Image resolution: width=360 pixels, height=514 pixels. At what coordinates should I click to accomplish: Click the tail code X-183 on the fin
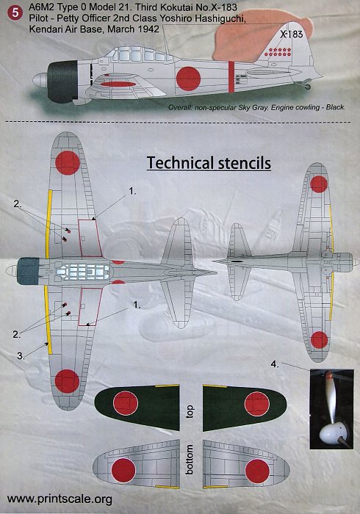tap(291, 34)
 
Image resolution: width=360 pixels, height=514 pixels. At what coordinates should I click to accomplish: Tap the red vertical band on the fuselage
tap(231, 76)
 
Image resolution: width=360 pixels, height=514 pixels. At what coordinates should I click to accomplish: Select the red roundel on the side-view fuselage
tap(188, 79)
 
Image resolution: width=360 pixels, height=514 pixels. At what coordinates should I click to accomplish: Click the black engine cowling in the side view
tap(62, 82)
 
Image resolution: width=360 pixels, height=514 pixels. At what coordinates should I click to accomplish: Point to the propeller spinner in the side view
tap(40, 81)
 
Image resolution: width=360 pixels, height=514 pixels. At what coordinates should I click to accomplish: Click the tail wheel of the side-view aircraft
tap(307, 86)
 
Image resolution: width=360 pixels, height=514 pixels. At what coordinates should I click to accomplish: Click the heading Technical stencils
tap(209, 163)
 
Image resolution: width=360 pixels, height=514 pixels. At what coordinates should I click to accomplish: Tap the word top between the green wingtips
tap(190, 412)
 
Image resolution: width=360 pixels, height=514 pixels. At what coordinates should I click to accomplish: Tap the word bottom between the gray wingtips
tap(190, 459)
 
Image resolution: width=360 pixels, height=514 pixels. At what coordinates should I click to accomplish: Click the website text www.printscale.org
tap(60, 499)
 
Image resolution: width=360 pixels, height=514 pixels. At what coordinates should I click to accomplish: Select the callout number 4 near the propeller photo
tap(275, 364)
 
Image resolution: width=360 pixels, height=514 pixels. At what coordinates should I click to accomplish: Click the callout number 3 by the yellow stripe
tap(21, 356)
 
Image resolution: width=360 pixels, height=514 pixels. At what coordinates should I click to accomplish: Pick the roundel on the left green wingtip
tap(125, 404)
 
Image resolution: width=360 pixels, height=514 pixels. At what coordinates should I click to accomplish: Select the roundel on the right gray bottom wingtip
tap(257, 471)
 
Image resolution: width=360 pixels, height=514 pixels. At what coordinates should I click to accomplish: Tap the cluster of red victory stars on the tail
tap(280, 52)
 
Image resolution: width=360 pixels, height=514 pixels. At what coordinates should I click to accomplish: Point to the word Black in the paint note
tap(335, 107)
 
